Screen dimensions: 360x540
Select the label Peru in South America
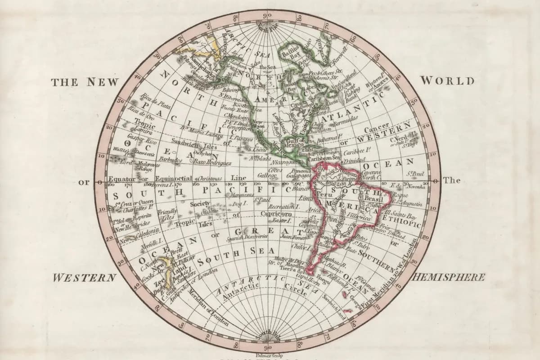(322, 194)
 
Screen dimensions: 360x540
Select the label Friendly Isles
(168, 214)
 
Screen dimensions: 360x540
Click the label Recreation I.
(283, 206)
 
